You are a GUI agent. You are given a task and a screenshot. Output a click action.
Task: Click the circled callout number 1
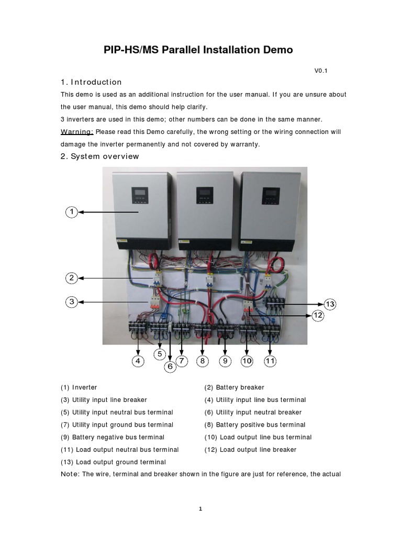[x=72, y=212]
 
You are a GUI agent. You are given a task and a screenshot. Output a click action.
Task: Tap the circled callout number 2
[x=72, y=278]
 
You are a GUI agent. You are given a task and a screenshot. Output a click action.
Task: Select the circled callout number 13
[x=330, y=304]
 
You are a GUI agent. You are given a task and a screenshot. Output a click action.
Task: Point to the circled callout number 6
[x=170, y=366]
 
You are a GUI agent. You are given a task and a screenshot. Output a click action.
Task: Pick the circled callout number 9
[x=225, y=361]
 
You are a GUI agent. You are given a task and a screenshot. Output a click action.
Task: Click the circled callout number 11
[x=270, y=361]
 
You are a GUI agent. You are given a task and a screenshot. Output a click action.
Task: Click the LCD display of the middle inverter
[x=205, y=196]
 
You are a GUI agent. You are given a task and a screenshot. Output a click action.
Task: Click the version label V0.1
[x=321, y=71]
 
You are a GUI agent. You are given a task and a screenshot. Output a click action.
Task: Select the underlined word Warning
[x=77, y=131]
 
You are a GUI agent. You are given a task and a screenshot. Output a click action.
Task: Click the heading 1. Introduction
[x=91, y=82]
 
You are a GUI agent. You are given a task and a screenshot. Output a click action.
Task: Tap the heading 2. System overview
[x=99, y=157]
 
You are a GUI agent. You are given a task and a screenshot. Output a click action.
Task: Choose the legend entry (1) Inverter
[x=79, y=387]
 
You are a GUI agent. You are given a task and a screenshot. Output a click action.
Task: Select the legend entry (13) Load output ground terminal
[x=113, y=462]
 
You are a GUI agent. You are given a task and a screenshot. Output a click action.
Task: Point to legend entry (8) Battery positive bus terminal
[x=255, y=425]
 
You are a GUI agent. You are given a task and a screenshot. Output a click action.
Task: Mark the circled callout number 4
[x=138, y=361]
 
